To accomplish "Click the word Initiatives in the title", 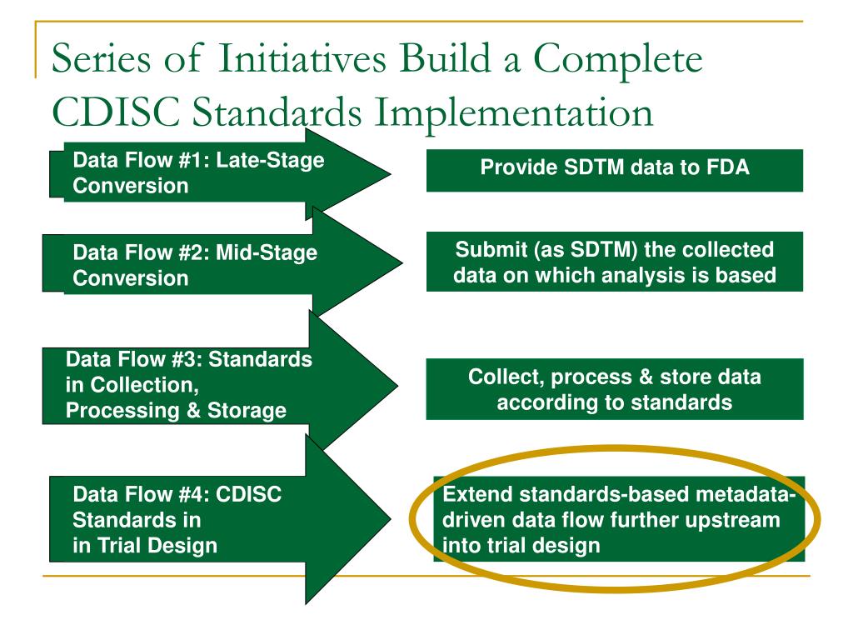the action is pyautogui.click(x=303, y=57).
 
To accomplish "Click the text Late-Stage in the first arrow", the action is pyautogui.click(x=271, y=160).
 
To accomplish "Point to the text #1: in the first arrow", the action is pyautogui.click(x=194, y=160).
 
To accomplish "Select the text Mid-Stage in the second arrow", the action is pyautogui.click(x=267, y=252).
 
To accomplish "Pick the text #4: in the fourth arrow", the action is pyautogui.click(x=194, y=494).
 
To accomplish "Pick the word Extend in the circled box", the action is pyautogui.click(x=477, y=494).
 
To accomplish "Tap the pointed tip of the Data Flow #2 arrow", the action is pyautogui.click(x=402, y=262).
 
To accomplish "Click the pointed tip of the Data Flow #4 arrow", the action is pyautogui.click(x=391, y=518).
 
